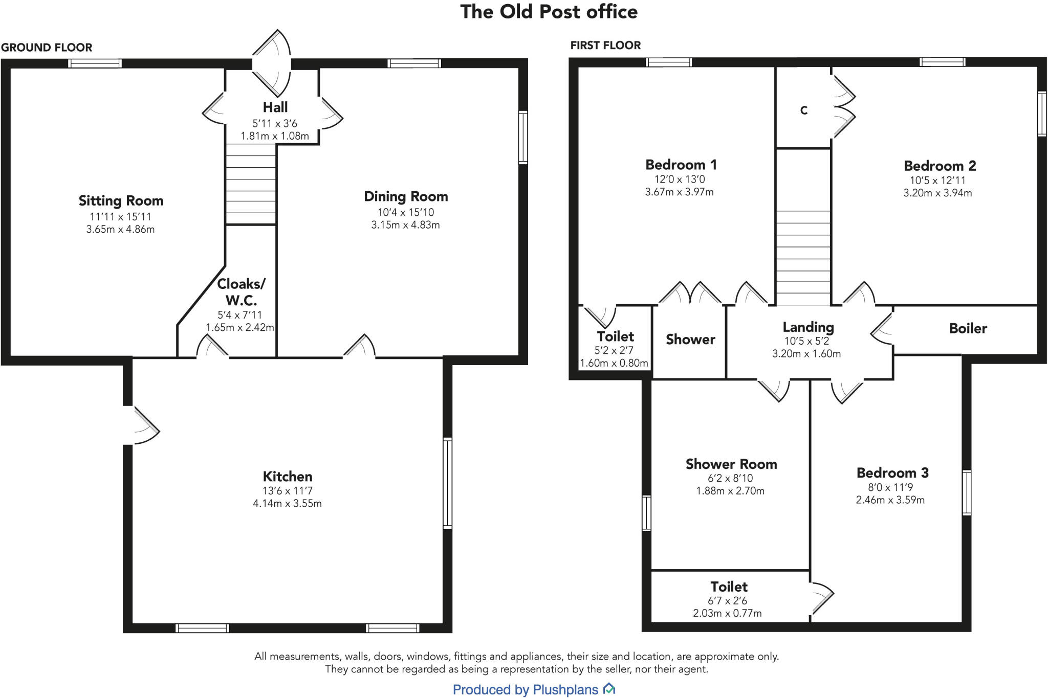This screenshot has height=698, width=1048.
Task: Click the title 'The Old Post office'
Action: (549, 12)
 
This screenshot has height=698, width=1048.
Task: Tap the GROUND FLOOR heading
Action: (47, 48)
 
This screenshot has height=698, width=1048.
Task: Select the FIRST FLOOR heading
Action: (605, 46)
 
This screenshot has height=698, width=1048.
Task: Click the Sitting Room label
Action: (121, 201)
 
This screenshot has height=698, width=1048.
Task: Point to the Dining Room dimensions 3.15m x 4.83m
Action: (405, 225)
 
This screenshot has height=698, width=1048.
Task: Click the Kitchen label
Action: (287, 477)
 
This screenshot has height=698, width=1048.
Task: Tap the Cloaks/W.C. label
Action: (241, 292)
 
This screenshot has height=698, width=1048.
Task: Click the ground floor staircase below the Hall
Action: (251, 184)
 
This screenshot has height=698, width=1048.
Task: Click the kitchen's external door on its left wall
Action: (139, 425)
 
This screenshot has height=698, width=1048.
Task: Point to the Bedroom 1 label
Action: (681, 165)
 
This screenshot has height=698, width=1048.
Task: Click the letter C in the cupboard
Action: (803, 110)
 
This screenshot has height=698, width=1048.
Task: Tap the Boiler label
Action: (968, 328)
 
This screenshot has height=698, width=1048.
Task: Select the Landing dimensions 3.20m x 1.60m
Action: (806, 354)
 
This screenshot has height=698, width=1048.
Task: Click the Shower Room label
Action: (731, 464)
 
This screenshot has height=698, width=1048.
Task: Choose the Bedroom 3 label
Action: (892, 473)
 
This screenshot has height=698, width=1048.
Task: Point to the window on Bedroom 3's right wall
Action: (967, 492)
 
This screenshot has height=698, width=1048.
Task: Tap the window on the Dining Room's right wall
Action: (522, 138)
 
